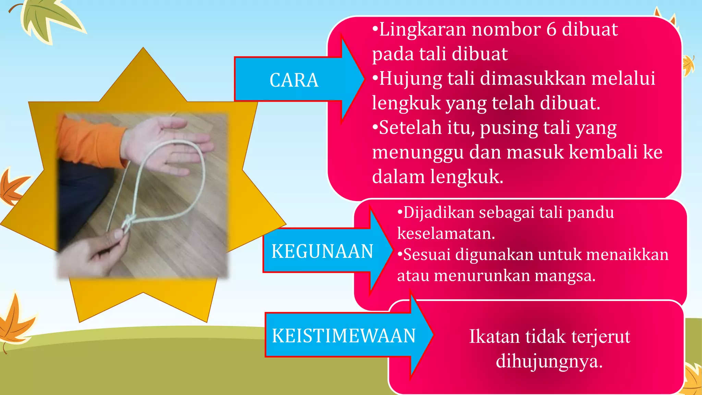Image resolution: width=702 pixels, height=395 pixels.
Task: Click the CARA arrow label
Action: (x=294, y=80)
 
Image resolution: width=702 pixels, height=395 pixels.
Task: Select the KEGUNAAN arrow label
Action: (x=322, y=251)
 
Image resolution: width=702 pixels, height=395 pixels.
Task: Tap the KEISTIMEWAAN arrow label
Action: (x=343, y=335)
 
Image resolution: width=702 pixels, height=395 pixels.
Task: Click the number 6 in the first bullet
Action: (x=551, y=29)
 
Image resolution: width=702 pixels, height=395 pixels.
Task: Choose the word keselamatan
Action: (x=446, y=234)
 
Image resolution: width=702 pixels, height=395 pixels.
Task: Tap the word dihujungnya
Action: (x=549, y=361)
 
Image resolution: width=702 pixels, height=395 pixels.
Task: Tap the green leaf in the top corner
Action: (x=51, y=17)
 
